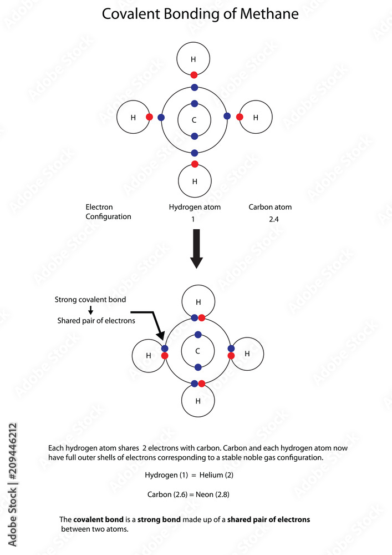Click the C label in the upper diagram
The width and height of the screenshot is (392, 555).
[194, 120]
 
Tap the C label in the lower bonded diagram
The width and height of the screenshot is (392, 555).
[197, 351]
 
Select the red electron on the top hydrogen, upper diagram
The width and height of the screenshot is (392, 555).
[194, 75]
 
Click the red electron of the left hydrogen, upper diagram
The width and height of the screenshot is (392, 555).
[149, 117]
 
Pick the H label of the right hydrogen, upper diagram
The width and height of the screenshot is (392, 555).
[256, 118]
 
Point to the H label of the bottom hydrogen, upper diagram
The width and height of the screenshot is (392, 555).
[194, 181]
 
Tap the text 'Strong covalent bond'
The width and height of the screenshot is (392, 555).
[90, 300]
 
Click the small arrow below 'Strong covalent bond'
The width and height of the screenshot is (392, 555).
[90, 310]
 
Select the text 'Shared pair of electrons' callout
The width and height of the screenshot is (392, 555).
[96, 321]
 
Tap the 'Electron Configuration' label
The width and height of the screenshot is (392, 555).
[108, 212]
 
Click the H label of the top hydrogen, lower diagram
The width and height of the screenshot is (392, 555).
[197, 302]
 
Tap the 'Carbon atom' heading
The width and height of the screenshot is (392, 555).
[270, 207]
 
